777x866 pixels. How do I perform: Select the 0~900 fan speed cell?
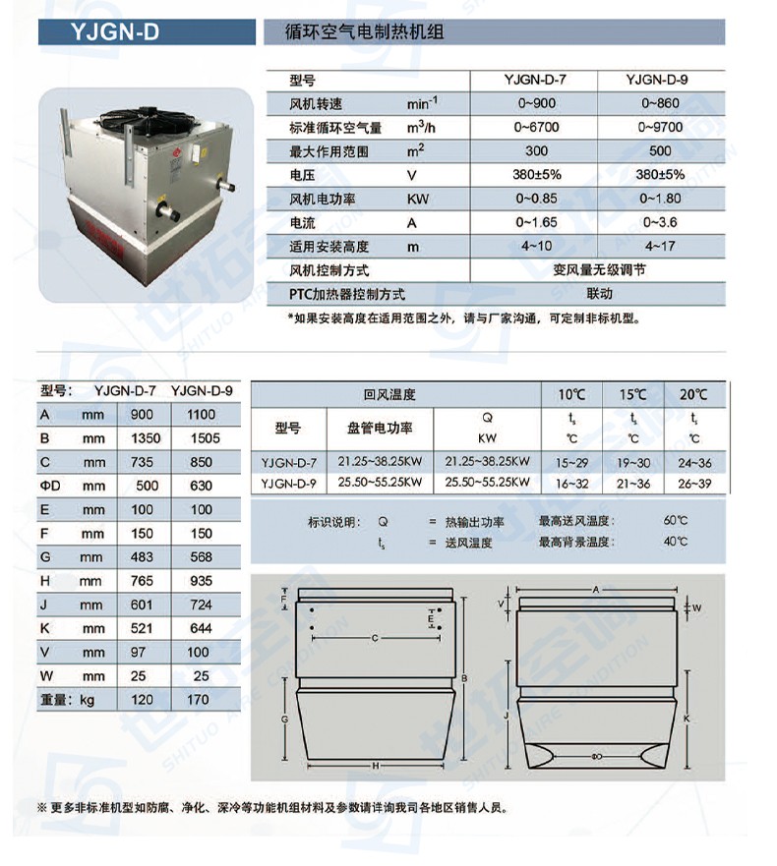536,102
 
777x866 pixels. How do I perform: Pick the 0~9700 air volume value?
660,127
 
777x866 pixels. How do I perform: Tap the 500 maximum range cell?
660,151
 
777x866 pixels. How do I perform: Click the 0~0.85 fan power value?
536,200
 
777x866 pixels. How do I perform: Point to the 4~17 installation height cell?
660,247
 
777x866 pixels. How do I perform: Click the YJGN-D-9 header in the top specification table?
660,80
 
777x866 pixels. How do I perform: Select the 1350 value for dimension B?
142,438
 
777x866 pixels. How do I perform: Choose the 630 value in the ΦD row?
202,486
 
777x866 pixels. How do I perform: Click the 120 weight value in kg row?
142,700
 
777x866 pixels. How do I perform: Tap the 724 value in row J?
202,606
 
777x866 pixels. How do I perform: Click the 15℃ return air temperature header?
632,395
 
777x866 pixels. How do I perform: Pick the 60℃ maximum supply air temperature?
675,521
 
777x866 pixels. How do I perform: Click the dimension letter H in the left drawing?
376,765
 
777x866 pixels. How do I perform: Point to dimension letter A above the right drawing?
595,588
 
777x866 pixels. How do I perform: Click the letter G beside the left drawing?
284,720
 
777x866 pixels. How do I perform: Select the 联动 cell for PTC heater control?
599,294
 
